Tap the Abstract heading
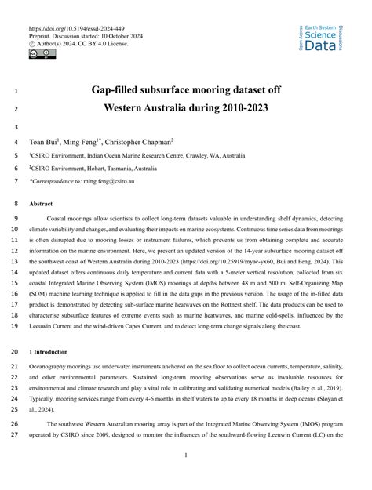[x=42, y=202]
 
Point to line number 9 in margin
[x=17, y=219]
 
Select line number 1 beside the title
[x=17, y=90]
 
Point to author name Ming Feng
[x=85, y=143]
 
